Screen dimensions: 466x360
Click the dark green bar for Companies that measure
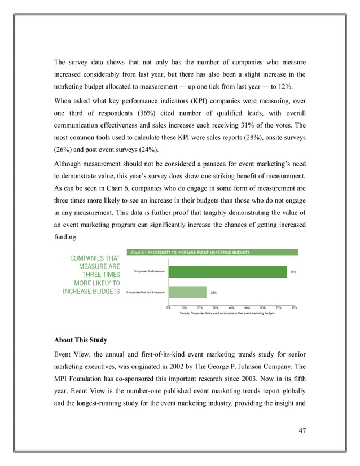(227, 272)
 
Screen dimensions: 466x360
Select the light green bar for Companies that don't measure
(187, 292)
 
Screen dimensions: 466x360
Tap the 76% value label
(293, 272)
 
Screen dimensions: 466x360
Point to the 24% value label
(214, 292)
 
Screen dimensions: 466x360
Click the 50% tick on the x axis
(247, 307)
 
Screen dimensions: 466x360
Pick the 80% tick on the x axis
(295, 307)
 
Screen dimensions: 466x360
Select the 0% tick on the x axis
(169, 307)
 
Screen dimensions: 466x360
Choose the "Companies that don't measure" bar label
(145, 292)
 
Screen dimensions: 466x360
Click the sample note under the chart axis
(227, 313)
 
